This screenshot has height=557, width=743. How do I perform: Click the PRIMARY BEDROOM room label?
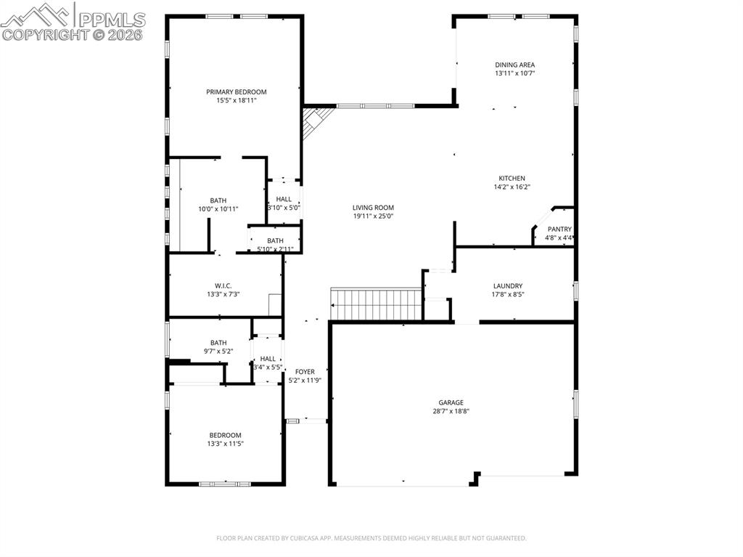click(236, 92)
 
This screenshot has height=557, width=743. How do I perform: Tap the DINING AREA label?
click(514, 65)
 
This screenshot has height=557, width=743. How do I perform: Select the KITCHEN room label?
click(512, 179)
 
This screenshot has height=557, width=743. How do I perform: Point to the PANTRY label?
click(559, 229)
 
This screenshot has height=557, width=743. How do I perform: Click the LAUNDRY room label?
click(507, 286)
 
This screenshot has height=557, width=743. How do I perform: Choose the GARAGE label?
click(451, 402)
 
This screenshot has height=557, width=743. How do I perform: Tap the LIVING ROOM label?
click(373, 208)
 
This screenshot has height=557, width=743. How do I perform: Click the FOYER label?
click(305, 372)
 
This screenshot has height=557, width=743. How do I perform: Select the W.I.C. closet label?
click(223, 285)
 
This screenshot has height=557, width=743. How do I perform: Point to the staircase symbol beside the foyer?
click(376, 304)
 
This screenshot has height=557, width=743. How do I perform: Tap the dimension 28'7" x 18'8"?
click(451, 411)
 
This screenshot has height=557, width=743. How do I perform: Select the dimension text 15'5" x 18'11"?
click(236, 100)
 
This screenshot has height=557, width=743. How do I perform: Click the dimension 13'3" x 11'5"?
click(225, 444)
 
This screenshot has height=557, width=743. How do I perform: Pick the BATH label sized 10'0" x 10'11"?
click(218, 200)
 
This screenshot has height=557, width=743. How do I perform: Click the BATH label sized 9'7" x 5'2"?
click(218, 343)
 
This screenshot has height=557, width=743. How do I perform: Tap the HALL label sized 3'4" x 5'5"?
click(268, 359)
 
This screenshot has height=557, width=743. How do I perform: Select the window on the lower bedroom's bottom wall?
click(225, 483)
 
